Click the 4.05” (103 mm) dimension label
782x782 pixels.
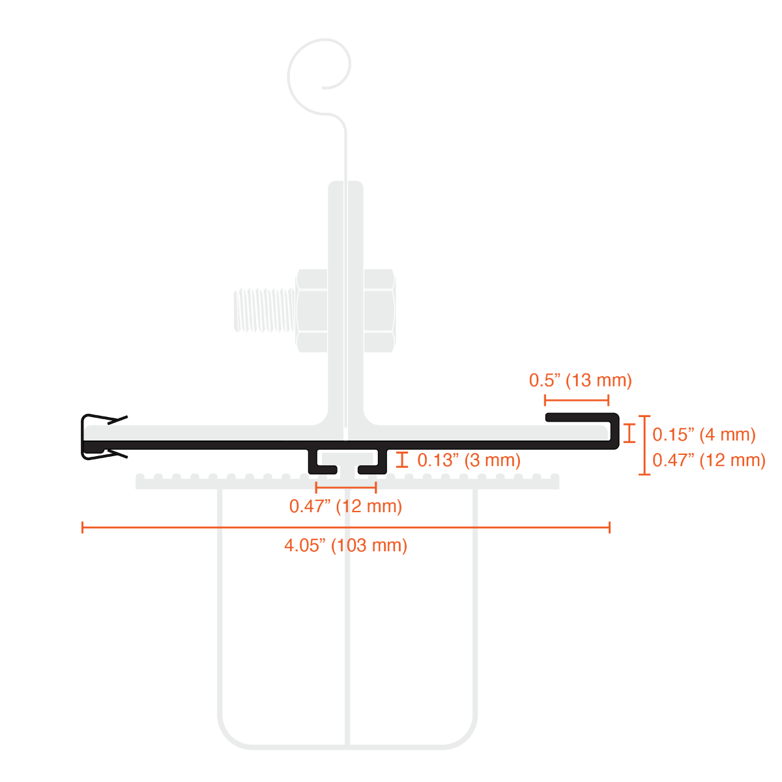coord(345,545)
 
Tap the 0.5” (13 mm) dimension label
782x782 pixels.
coord(581,380)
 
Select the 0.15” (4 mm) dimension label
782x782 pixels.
coord(704,435)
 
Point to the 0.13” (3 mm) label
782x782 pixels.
coord(469,460)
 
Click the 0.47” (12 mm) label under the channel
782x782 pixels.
coord(345,506)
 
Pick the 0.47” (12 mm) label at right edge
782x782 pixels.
coord(709,460)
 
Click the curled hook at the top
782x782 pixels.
coord(319,76)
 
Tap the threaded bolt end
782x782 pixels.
coord(265,310)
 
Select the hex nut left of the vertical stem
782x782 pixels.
coord(311,310)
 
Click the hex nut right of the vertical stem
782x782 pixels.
coord(379,310)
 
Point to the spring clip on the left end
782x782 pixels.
coord(104,437)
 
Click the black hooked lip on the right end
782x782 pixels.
coord(614,430)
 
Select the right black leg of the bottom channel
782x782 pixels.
coord(373,463)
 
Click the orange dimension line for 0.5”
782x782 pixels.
coord(576,400)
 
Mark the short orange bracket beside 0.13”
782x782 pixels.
coord(402,460)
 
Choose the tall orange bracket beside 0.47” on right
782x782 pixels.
coord(644,445)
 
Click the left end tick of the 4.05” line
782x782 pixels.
coord(82,528)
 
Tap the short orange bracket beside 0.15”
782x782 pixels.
coord(630,433)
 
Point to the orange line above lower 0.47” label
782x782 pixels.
coord(346,487)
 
